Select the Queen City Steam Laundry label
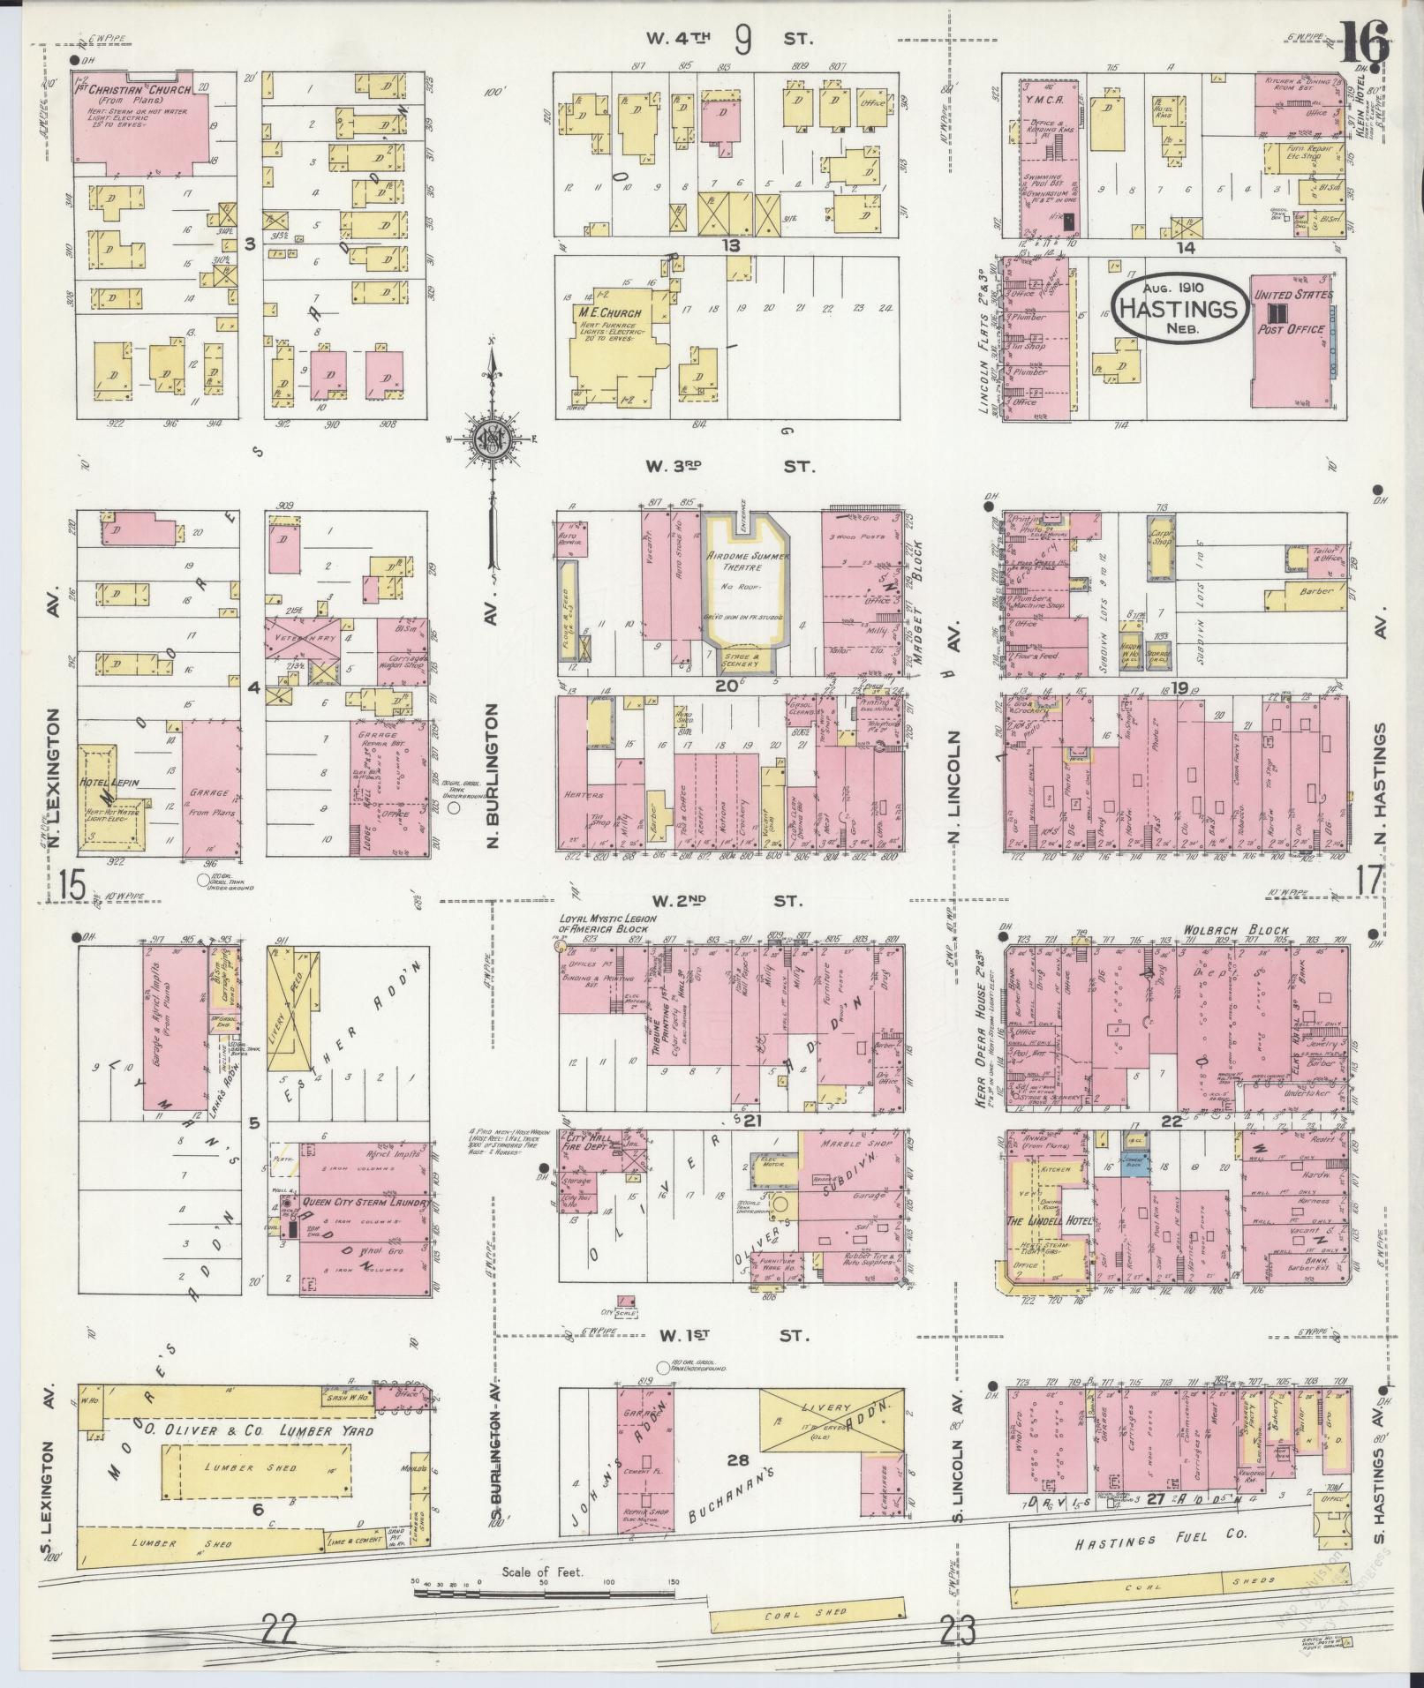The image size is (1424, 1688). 365,1204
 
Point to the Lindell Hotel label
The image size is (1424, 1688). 1049,1221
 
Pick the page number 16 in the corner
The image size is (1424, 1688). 1365,40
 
